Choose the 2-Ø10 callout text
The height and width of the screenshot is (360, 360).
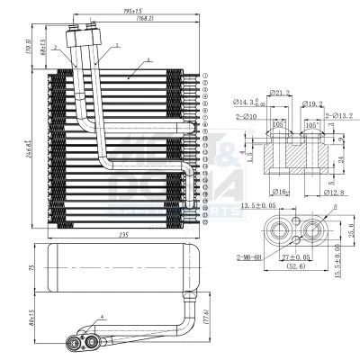(x=245, y=117)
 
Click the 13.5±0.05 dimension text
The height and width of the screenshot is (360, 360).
(x=261, y=206)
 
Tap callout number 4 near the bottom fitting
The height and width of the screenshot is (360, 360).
(x=102, y=316)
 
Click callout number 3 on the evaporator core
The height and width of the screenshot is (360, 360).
(x=147, y=60)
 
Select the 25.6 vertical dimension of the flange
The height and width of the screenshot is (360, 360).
(x=351, y=230)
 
